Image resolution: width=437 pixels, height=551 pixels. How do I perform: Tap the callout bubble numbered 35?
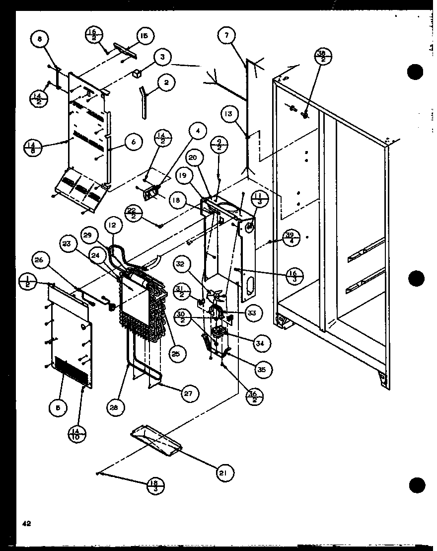pos(261,369)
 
